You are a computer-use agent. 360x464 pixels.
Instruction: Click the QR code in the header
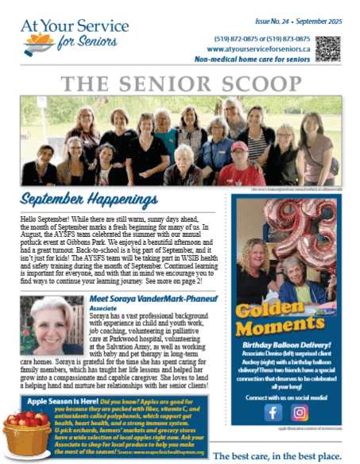pos(327,48)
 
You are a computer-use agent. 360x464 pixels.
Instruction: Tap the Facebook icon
pos(273,412)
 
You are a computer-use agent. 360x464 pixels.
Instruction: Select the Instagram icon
pos(300,412)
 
